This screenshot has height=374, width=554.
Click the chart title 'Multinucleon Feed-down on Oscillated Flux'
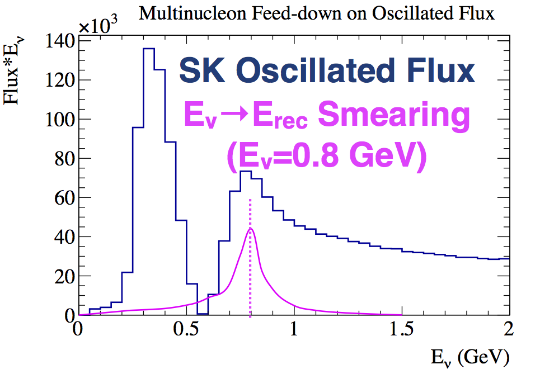click(317, 13)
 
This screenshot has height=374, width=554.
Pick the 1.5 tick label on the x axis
click(401, 330)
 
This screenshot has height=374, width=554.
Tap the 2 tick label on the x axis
click(509, 330)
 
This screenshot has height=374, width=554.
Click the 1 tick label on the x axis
click(293, 330)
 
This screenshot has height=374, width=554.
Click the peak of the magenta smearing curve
click(250, 228)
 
